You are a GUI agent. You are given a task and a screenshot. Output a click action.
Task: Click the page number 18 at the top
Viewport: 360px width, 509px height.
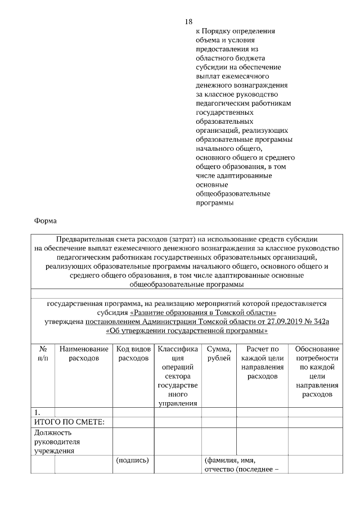189,21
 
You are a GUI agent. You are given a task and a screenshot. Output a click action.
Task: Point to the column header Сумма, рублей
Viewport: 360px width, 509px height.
219,353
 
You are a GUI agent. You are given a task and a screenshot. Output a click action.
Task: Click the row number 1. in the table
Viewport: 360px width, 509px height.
38,413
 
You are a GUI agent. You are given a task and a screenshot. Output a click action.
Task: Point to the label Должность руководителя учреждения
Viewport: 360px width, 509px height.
56,442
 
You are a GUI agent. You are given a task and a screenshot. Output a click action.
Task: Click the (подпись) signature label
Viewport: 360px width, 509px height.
132,460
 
